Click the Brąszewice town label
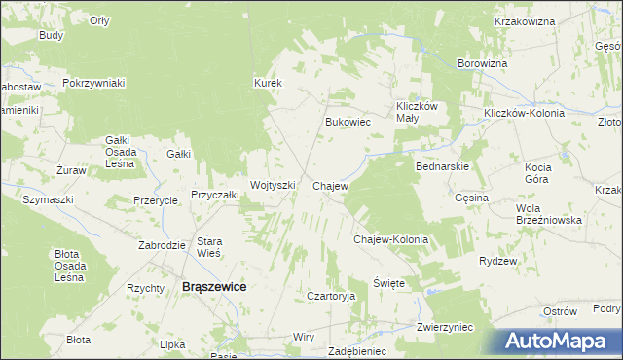(x=214, y=287)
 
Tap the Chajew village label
(x=330, y=185)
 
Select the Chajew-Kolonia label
(x=390, y=238)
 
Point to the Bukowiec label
(x=348, y=123)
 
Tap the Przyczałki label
(x=215, y=195)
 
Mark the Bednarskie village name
(x=443, y=166)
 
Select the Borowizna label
(x=483, y=63)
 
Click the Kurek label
(x=268, y=83)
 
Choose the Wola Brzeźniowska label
(x=549, y=214)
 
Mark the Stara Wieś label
(x=210, y=246)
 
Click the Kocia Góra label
(x=537, y=173)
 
